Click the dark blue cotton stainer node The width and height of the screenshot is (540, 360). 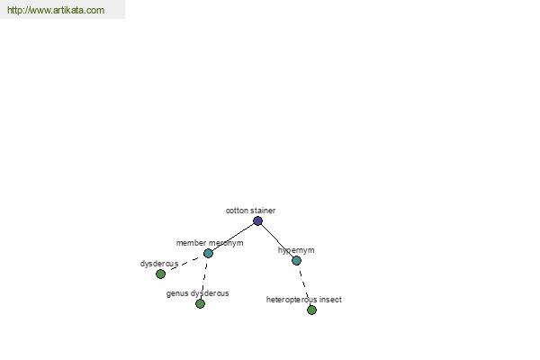point(258,220)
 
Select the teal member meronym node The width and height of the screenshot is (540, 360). point(208,253)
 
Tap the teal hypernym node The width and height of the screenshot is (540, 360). point(296,260)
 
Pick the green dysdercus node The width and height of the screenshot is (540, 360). point(160,274)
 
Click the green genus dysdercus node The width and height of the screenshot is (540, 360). point(200,303)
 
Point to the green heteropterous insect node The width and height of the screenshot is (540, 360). point(311,310)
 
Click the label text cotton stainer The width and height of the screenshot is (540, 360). point(250,211)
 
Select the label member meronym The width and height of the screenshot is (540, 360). point(210,243)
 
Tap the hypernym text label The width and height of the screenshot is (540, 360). point(296,250)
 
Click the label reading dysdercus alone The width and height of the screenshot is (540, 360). point(159,264)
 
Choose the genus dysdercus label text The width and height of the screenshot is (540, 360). point(197,293)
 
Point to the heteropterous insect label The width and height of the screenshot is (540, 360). point(304,300)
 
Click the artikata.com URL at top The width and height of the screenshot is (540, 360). point(56,10)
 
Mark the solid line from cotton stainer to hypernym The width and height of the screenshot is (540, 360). point(277,241)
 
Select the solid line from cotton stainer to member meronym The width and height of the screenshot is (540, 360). point(233,237)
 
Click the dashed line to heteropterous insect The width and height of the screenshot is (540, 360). point(304,285)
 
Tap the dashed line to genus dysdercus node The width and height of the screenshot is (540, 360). point(204,278)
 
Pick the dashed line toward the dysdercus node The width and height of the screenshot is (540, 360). point(184,264)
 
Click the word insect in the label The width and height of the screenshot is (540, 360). point(330,300)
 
